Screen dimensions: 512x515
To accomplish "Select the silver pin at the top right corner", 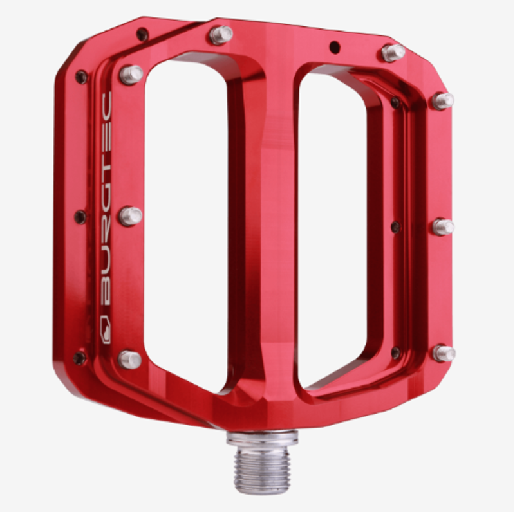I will click(x=392, y=52).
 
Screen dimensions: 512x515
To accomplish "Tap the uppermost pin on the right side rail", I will click(x=442, y=100).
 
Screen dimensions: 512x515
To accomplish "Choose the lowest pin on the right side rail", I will click(x=444, y=353).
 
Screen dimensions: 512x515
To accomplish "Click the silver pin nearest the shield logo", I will click(x=130, y=359).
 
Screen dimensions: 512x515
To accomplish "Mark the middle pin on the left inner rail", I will click(x=130, y=216).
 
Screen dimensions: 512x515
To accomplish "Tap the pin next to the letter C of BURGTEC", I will click(x=131, y=75).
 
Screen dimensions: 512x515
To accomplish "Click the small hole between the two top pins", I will click(x=335, y=46).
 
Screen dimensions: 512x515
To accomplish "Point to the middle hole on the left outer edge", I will click(x=80, y=217).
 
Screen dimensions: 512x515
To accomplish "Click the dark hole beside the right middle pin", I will click(x=395, y=227).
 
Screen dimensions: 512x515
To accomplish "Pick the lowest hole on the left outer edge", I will click(x=80, y=358).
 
